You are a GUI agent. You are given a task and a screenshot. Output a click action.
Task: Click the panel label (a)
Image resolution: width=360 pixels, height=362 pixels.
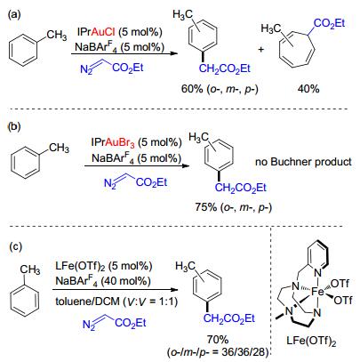coord(14,14)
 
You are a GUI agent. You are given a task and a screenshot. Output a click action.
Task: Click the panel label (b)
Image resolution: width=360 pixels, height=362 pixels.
coord(13,126)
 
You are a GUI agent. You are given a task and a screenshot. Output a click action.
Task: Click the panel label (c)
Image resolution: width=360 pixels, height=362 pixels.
coord(15,246)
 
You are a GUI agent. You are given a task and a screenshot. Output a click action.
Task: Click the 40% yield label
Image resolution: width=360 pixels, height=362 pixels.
coord(308,88)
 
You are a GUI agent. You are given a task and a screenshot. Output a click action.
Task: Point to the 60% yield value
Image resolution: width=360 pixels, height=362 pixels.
coord(192,89)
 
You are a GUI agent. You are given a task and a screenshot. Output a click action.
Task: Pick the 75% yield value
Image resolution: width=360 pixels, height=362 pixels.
coord(205,207)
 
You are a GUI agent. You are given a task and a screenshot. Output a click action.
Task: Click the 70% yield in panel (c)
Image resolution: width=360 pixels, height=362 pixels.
coord(218,339)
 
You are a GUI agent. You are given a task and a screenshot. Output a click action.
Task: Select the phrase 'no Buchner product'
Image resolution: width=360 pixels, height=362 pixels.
coord(303,162)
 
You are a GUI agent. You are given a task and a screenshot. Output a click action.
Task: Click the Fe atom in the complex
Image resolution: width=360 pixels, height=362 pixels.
coord(317,292)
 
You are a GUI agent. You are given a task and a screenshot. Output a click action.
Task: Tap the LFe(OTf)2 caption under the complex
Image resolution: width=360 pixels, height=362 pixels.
coord(311,342)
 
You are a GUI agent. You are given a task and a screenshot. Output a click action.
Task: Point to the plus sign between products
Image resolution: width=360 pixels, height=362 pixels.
coord(261,50)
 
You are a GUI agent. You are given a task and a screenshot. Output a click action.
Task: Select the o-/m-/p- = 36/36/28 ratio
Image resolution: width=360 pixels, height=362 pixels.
coord(218,352)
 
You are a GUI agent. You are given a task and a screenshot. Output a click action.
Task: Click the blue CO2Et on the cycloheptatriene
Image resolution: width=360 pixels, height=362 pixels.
coord(329,23)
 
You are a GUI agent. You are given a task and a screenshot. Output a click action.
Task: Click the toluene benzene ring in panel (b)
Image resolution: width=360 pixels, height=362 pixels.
coord(25,163)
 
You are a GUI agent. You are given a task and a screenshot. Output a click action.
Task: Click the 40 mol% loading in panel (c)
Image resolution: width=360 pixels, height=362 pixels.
coord(125,280)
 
